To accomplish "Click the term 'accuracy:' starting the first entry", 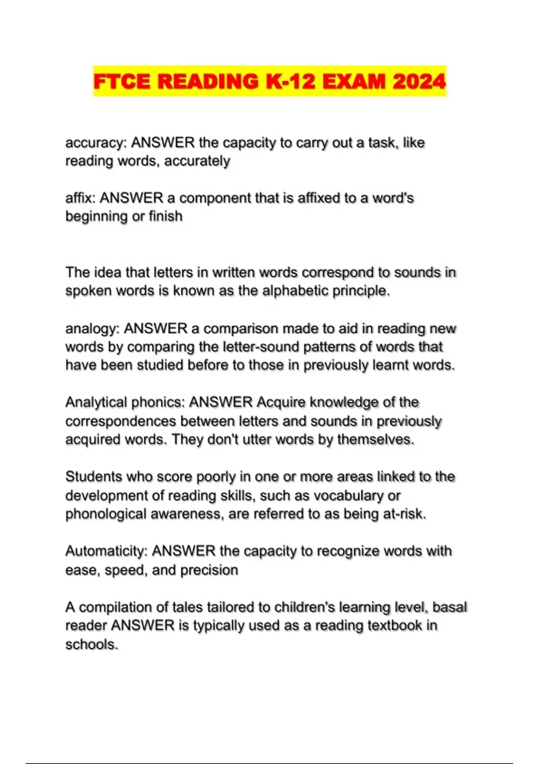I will tap(96, 143).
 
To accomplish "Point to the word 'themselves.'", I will tap(376, 440).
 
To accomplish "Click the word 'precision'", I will tap(209, 570).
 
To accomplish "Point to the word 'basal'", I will tap(450, 607).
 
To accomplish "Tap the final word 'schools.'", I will tap(92, 644).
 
